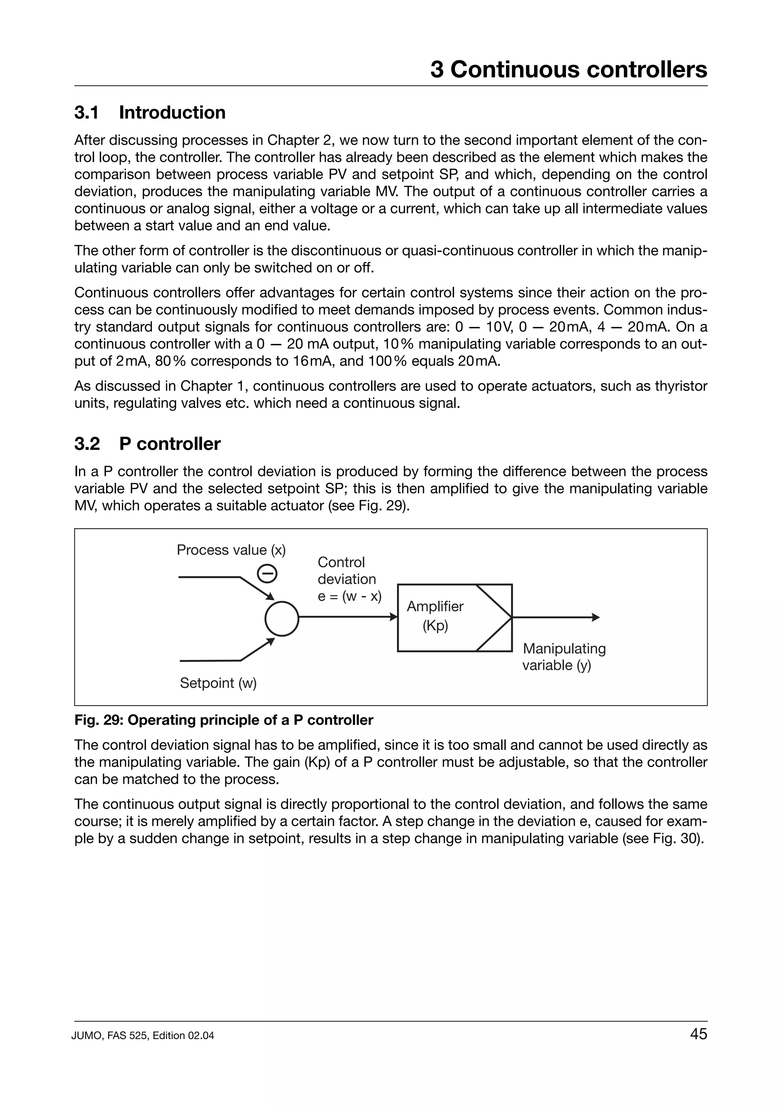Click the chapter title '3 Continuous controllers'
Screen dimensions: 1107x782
(x=569, y=70)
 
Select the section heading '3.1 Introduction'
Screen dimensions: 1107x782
(x=150, y=112)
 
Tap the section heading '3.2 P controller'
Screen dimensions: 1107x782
(x=147, y=443)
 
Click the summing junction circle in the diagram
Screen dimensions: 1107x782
(x=282, y=618)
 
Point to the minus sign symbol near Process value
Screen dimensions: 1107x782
(x=267, y=573)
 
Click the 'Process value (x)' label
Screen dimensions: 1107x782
(x=231, y=550)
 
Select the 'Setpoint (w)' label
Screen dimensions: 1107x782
(x=218, y=683)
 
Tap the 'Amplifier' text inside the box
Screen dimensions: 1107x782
(x=435, y=607)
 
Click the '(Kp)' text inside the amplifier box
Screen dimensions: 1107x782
(x=435, y=626)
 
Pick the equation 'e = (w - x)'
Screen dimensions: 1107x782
(x=349, y=596)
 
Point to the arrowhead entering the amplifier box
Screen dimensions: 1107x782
(x=394, y=617)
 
